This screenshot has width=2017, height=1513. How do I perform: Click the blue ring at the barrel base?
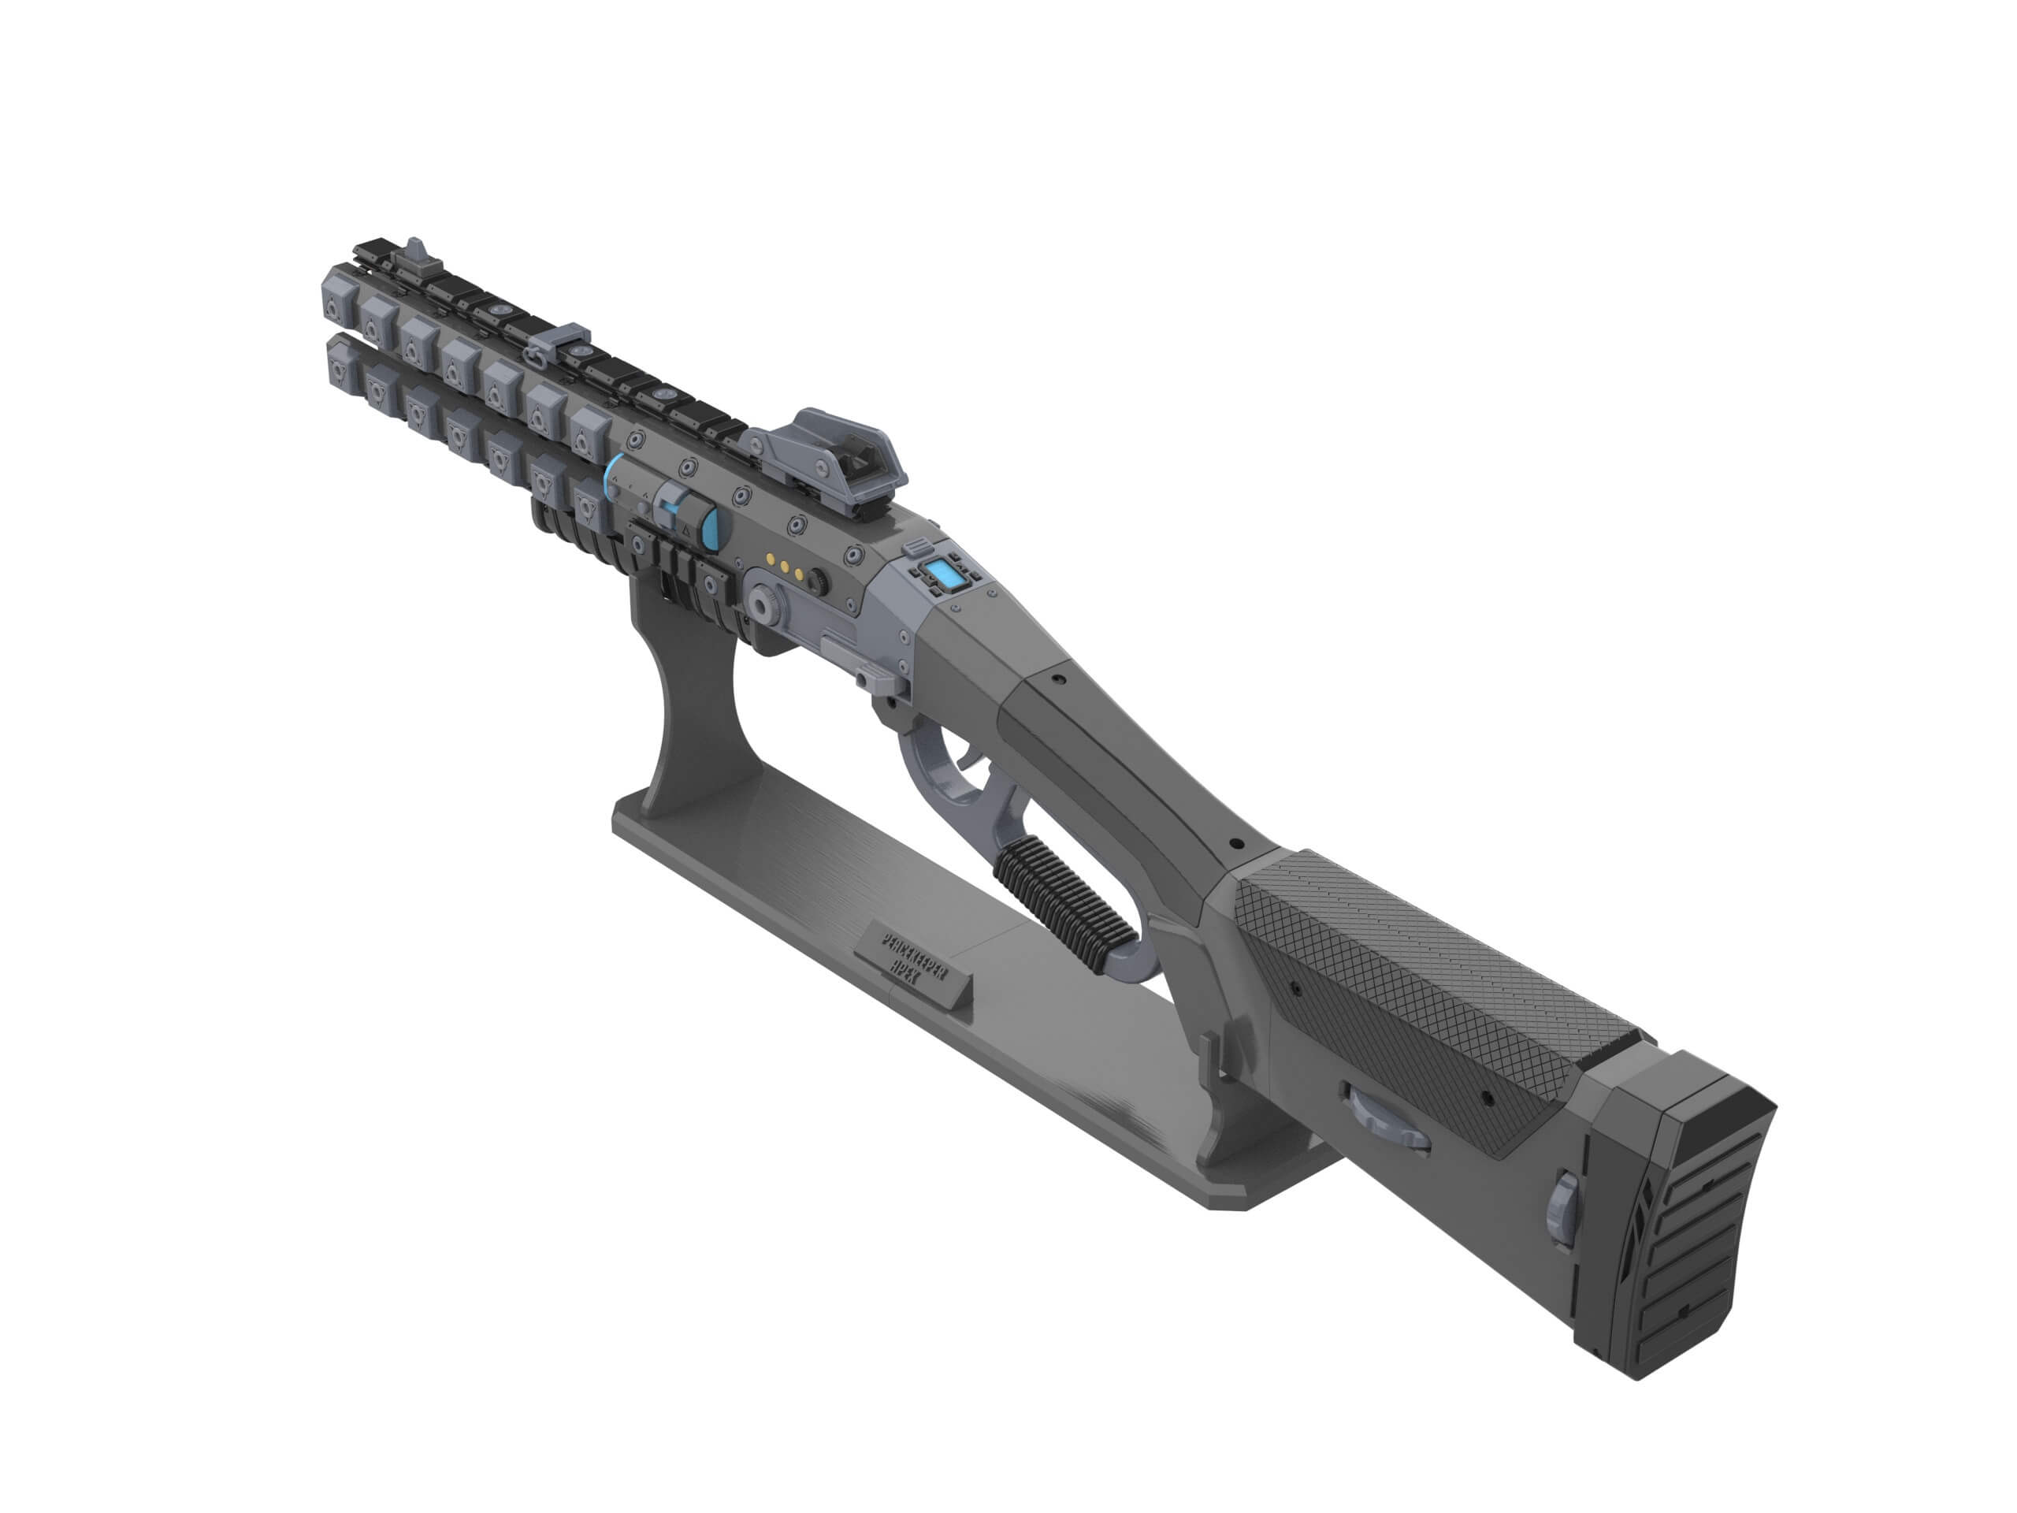click(614, 471)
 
